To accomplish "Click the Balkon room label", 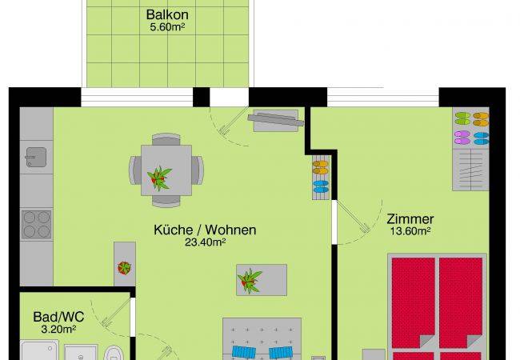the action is point(167,14).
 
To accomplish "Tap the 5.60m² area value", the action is point(167,27).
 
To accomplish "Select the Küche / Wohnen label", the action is point(205,230).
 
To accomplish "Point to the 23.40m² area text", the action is point(206,242).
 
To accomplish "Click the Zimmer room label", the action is point(410,219).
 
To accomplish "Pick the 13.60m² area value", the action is point(410,231).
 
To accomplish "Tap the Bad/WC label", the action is point(58,317).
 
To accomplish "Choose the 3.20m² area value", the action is point(58,329).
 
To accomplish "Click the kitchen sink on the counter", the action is point(36,157).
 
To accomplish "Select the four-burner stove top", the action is point(37,225).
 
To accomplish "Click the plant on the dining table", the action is point(159,178).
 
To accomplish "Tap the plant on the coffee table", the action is point(250,281).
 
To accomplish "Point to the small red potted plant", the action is point(124,268).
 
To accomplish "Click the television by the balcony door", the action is point(275,119).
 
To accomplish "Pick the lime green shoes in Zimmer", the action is point(462,118).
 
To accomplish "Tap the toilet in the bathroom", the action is point(114,353).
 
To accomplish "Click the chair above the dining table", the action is point(166,139).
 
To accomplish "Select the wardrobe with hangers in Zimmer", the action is point(470,170).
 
